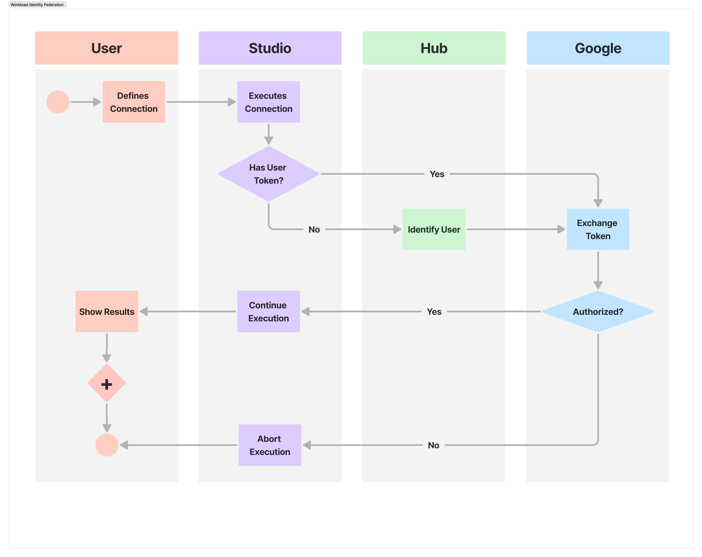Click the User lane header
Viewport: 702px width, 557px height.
coord(106,48)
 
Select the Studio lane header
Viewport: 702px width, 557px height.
coord(270,48)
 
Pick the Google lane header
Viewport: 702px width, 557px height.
coord(598,48)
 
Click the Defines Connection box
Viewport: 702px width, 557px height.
coord(134,102)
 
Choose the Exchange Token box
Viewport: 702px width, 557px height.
coord(598,229)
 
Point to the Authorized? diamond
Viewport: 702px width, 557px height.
coord(598,312)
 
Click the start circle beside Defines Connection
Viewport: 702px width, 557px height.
coord(58,102)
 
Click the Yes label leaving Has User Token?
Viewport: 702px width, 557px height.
coord(437,174)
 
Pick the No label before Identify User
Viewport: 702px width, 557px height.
coord(314,230)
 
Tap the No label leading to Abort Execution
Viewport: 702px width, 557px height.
coord(433,445)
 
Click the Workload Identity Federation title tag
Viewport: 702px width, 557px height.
coord(37,5)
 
